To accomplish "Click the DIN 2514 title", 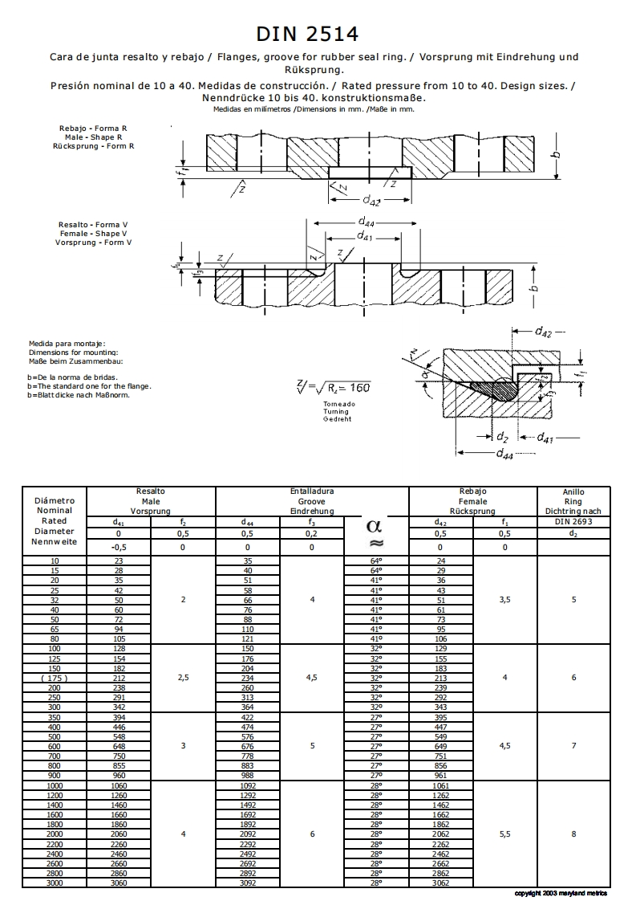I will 307,34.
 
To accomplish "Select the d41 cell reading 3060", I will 118,883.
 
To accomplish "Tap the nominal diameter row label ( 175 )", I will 54,677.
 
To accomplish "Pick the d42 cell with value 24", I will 440,561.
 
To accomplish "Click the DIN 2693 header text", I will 573,521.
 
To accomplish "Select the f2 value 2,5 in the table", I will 183,677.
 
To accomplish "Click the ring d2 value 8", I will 573,834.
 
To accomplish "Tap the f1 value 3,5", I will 504,599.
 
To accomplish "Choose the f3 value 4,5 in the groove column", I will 312,677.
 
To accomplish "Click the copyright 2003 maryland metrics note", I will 561,893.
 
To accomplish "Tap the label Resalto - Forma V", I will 94,224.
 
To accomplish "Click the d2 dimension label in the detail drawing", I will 502,437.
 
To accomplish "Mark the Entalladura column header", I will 312,491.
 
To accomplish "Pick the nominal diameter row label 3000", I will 54,883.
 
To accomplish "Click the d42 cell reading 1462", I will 440,805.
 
